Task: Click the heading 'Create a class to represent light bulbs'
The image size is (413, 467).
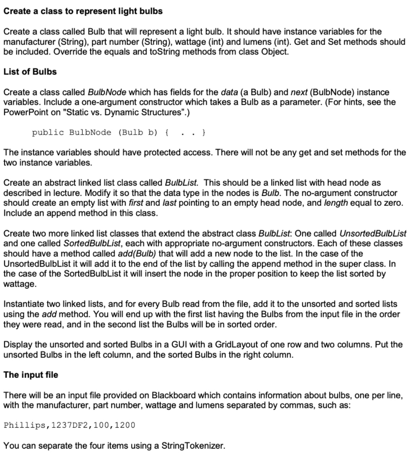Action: [x=83, y=11]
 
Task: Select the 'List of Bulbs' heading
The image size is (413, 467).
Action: [x=30, y=72]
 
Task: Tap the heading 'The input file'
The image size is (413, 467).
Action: [x=31, y=375]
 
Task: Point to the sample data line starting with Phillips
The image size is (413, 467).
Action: [x=69, y=425]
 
